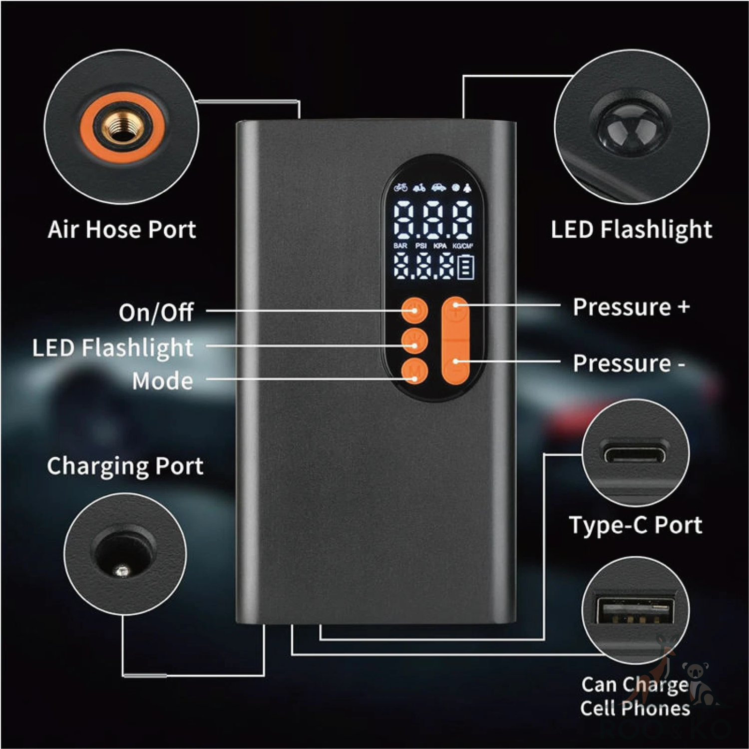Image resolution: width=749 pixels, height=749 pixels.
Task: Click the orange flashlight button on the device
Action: coord(414,342)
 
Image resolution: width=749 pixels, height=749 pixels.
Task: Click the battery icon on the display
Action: coord(466,268)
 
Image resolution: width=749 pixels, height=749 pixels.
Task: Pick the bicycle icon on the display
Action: coord(400,188)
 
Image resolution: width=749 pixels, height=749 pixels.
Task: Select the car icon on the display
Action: coord(438,188)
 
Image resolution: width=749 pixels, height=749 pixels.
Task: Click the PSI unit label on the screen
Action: coord(420,246)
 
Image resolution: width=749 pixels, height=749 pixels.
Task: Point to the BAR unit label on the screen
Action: coord(400,246)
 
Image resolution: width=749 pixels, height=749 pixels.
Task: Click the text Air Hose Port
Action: coord(122,230)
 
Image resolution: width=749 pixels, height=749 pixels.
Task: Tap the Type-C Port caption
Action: coord(635,525)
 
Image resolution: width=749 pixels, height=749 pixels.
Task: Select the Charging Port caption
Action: coord(125,466)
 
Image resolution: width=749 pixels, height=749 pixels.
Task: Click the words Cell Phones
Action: coord(635,708)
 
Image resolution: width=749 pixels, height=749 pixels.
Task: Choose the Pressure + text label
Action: coord(631,307)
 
